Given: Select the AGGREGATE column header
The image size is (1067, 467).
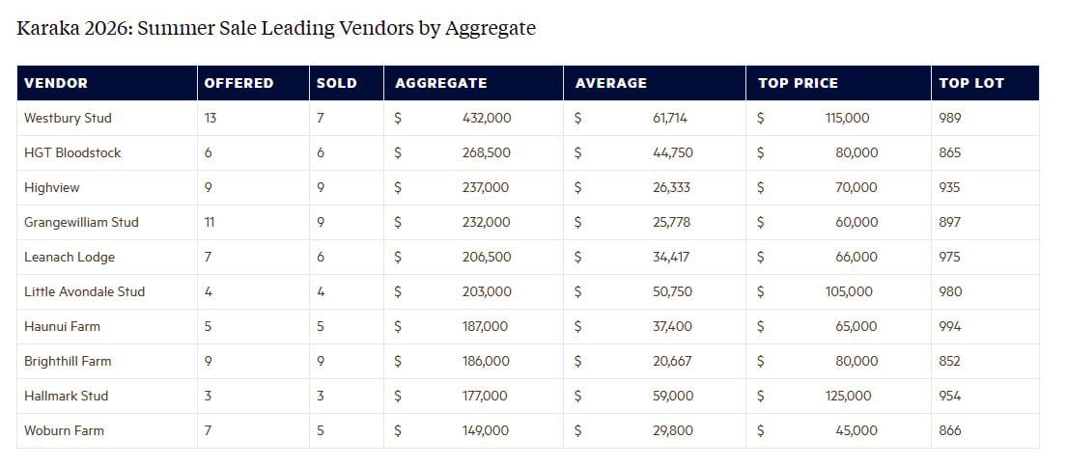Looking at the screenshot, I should (440, 83).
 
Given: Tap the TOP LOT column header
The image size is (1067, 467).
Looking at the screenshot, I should (971, 83).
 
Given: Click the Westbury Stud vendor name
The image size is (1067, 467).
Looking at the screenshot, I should (68, 118).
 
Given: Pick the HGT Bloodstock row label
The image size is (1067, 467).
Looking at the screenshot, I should (72, 152).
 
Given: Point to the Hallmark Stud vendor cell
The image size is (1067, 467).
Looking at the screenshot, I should (66, 396).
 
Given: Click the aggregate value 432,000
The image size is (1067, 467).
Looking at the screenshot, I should (487, 118).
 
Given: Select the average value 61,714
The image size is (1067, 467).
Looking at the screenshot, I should (670, 118).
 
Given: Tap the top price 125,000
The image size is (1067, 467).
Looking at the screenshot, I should (848, 396).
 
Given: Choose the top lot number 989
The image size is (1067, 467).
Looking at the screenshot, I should (950, 118).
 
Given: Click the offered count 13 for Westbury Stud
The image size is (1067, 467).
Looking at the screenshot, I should (211, 118).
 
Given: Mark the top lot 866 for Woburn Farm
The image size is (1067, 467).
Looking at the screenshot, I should (950, 430).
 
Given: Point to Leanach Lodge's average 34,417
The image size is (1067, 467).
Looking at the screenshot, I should (672, 257).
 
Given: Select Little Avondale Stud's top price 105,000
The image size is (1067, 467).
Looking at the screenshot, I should (849, 291).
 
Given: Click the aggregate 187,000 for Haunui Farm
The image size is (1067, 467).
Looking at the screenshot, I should (485, 326).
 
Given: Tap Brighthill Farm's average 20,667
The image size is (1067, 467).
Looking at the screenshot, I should (672, 361).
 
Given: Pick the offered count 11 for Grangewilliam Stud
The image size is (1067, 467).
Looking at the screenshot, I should (210, 222).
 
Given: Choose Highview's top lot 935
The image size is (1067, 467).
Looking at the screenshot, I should (950, 187).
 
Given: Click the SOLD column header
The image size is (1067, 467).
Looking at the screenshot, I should (336, 83).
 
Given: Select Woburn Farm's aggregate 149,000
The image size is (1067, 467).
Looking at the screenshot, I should (485, 430).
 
